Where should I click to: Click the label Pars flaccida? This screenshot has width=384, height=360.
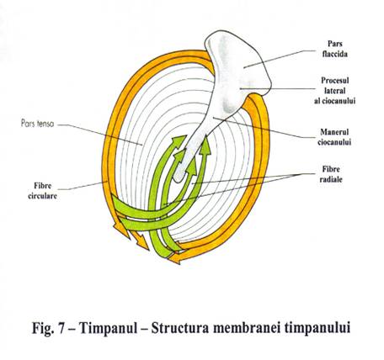(x=335, y=49)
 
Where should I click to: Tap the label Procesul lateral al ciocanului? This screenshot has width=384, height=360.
(x=335, y=91)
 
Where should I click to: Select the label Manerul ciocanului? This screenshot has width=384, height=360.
(x=334, y=137)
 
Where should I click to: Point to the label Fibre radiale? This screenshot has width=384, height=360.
(x=331, y=174)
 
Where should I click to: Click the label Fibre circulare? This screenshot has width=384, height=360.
(x=42, y=191)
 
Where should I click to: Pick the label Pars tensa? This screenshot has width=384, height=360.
(x=37, y=124)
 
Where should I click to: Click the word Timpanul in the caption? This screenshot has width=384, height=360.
(x=109, y=327)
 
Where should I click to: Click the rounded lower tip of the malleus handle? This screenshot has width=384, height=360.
(x=179, y=177)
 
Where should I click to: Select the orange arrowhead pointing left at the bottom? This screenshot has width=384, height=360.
(x=175, y=259)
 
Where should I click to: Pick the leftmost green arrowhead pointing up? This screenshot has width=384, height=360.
(x=179, y=140)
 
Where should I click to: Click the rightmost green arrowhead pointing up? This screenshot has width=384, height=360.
(x=206, y=146)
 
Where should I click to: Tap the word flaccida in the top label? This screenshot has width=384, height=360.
(x=335, y=54)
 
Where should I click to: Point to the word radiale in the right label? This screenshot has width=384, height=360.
(x=331, y=179)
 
